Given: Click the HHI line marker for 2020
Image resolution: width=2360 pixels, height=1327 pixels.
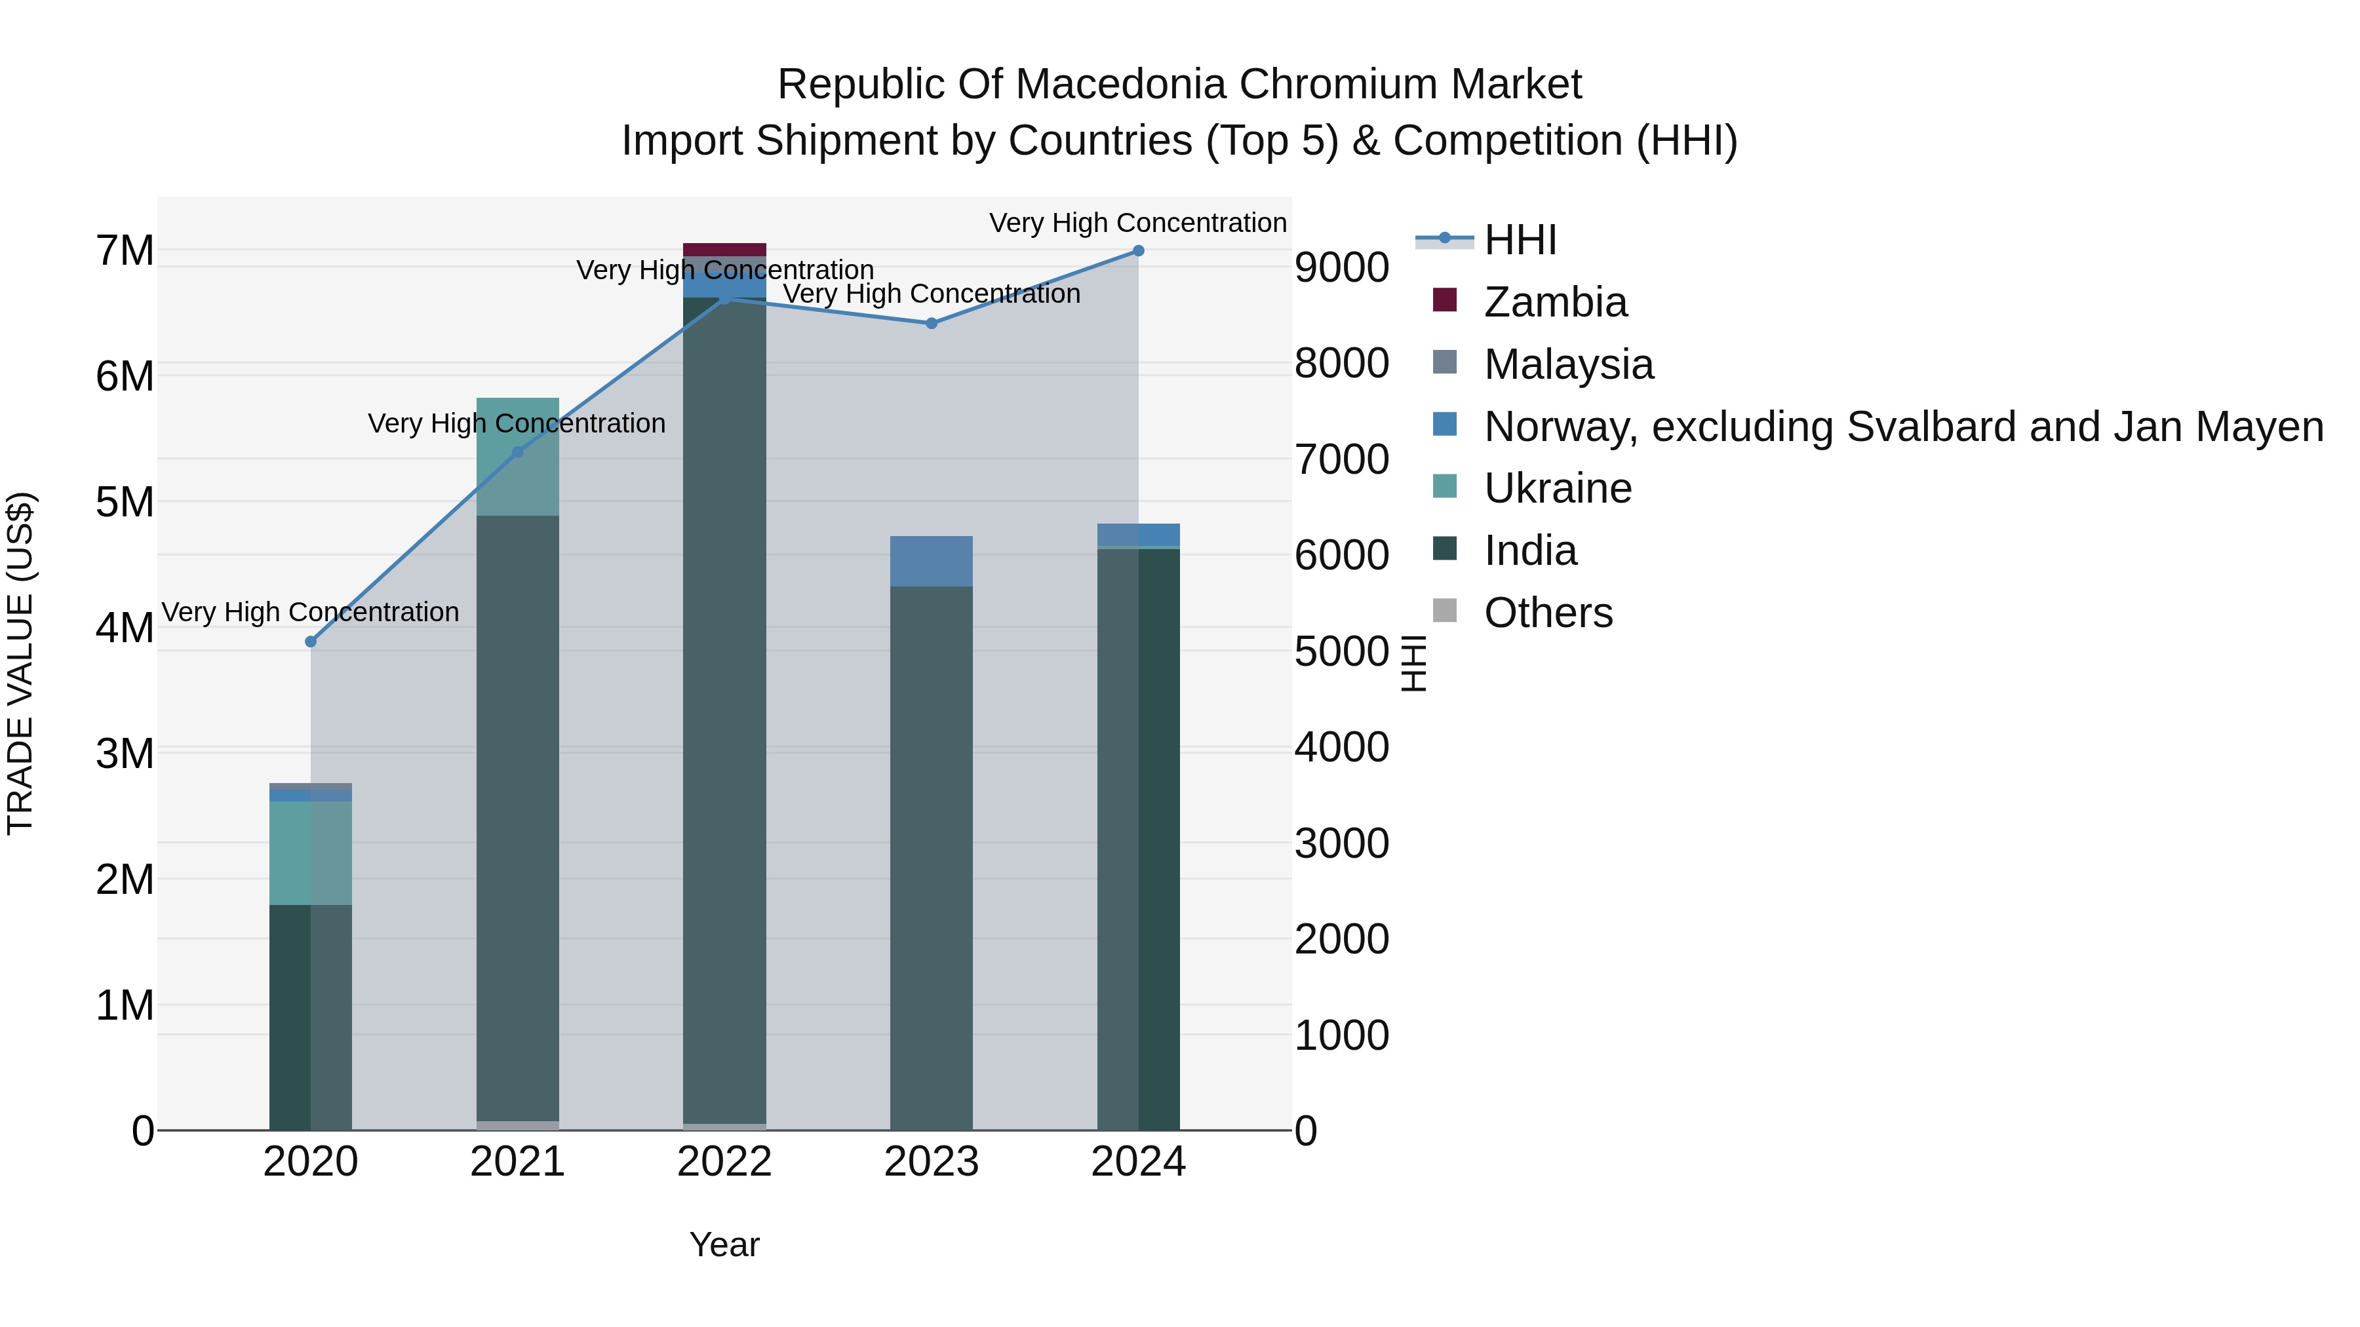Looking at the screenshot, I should tap(311, 642).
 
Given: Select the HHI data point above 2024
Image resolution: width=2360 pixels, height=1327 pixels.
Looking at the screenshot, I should tap(1139, 251).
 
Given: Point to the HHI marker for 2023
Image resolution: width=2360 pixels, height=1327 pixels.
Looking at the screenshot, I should tap(932, 323).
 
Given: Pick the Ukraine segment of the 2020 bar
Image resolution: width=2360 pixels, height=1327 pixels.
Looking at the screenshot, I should tap(311, 853).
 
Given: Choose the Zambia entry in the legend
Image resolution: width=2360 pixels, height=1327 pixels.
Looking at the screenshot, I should tap(1555, 302).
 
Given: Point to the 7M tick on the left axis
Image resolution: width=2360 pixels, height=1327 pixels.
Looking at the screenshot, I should tap(125, 251).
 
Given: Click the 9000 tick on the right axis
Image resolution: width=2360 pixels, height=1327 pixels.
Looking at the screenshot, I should tap(1341, 268).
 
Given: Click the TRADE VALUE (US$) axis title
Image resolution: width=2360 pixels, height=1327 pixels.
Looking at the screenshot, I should tap(20, 663).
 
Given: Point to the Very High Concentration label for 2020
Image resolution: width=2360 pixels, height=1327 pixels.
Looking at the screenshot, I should tap(311, 612).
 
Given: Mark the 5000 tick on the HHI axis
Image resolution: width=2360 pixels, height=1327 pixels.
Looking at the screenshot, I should tap(1341, 652).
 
